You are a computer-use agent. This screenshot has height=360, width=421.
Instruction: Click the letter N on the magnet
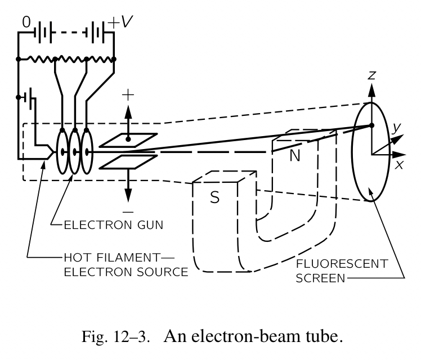click(x=294, y=156)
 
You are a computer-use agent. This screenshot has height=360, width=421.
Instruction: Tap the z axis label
click(x=371, y=75)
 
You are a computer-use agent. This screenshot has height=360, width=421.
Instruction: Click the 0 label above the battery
click(x=26, y=22)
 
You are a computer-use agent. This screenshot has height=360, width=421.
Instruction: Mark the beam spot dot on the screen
click(x=371, y=125)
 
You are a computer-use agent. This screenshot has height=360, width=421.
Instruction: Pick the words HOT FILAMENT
click(x=108, y=259)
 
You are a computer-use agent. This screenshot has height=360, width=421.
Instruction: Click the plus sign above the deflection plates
click(x=128, y=94)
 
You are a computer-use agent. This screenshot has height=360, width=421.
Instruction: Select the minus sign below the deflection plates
click(x=128, y=211)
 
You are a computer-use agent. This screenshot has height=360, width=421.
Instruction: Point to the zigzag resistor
click(x=66, y=58)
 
